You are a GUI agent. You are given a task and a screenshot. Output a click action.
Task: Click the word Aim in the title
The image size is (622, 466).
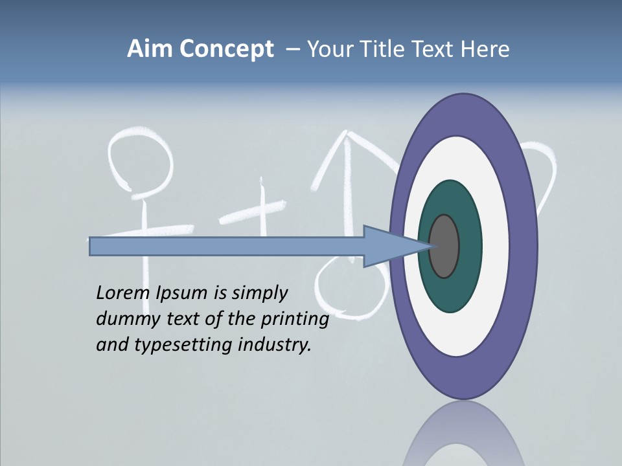tap(150, 49)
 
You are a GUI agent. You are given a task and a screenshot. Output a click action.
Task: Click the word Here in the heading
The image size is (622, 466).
tap(485, 49)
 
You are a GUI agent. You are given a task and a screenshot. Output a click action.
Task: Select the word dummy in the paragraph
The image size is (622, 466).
tap(124, 319)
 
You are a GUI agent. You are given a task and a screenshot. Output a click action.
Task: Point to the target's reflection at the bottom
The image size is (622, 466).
tap(463, 437)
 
